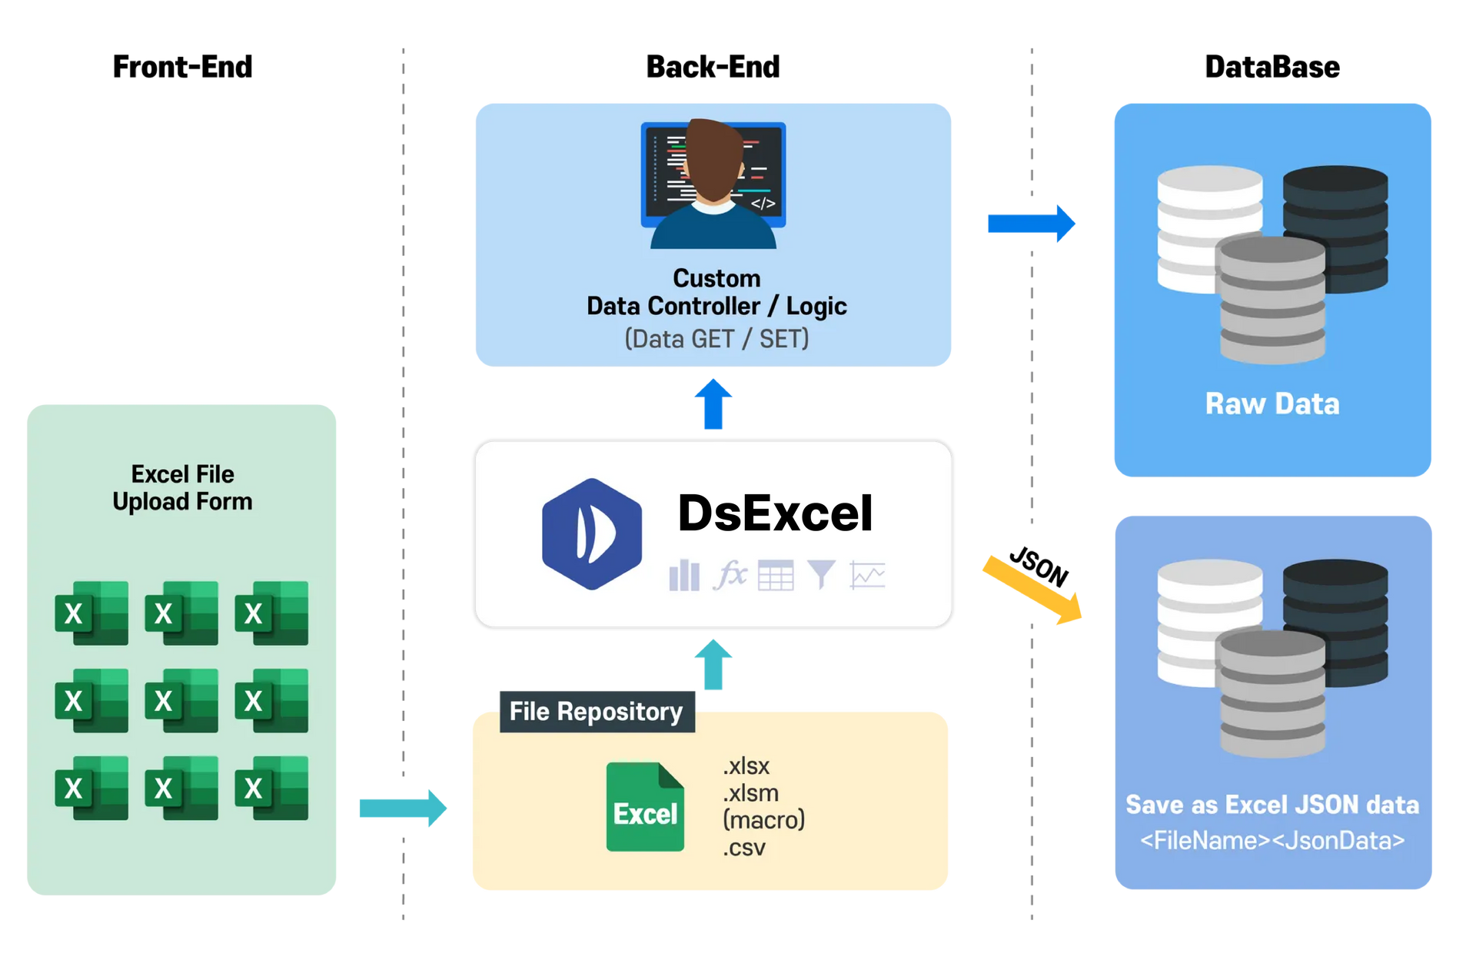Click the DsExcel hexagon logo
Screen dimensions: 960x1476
pos(591,534)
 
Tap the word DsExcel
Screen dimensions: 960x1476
pos(775,513)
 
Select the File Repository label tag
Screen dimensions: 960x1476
pos(596,711)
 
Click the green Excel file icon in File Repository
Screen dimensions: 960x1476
pos(645,807)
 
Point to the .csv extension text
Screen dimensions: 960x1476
pos(744,848)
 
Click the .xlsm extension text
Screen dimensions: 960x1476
pos(750,792)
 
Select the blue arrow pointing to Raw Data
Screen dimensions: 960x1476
pos(1031,224)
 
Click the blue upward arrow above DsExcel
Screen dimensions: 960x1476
pos(713,404)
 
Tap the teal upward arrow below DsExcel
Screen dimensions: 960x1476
pos(713,664)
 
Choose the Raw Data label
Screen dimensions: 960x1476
pos(1272,404)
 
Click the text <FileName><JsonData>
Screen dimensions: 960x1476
pos(1272,840)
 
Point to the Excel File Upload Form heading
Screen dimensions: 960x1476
pos(182,487)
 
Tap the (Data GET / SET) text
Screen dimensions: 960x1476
pos(716,339)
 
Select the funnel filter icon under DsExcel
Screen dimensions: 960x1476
pos(821,574)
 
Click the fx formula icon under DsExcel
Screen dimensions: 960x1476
pos(730,574)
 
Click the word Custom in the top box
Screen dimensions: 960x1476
pos(716,277)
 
